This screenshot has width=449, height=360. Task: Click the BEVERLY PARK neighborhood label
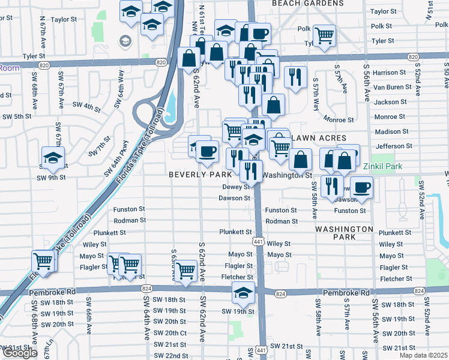click(200, 175)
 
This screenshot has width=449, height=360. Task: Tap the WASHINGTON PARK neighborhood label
click(344, 233)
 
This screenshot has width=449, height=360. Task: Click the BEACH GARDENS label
click(307, 4)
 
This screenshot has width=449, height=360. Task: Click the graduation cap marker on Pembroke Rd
click(243, 293)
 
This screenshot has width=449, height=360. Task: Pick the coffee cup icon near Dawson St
click(361, 187)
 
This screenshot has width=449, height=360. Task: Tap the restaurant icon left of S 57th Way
click(295, 76)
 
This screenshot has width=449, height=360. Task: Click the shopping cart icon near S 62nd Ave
click(187, 271)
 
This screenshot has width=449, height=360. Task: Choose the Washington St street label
click(288, 176)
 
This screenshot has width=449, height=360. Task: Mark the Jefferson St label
click(390, 146)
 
